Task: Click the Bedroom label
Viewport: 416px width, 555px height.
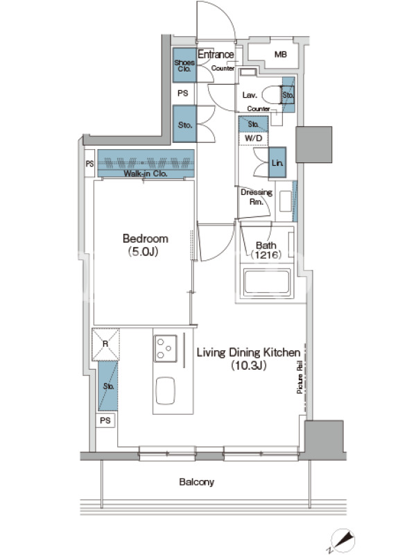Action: [x=145, y=239]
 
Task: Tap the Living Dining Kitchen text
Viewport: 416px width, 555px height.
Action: [x=248, y=352]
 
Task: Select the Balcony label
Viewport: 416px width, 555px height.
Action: [x=196, y=481]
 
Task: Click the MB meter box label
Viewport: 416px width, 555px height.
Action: [x=281, y=55]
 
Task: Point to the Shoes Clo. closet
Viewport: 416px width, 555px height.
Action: [x=184, y=65]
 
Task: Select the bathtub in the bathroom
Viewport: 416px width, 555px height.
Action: [x=267, y=282]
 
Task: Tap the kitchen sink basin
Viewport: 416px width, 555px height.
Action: [x=165, y=391]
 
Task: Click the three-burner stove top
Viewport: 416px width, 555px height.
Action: [x=165, y=348]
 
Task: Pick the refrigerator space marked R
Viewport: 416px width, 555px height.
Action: [x=106, y=344]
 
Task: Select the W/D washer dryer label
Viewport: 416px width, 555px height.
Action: [x=254, y=138]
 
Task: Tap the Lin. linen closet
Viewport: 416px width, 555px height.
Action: [x=277, y=162]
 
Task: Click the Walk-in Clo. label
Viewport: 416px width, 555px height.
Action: [x=146, y=173]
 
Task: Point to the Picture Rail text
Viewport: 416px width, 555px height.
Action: [x=300, y=377]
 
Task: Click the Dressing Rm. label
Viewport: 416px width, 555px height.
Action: [x=257, y=197]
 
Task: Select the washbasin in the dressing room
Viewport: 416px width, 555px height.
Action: [x=285, y=201]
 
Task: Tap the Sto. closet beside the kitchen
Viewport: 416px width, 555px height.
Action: [x=108, y=386]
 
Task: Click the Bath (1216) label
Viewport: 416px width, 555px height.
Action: [x=266, y=250]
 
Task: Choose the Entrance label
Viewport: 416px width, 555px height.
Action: [x=216, y=55]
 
